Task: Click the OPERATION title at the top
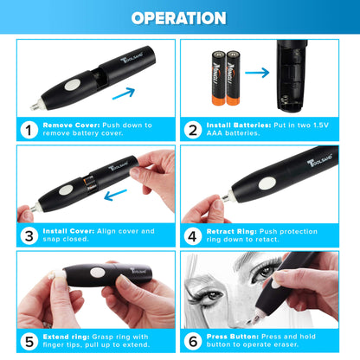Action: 180,18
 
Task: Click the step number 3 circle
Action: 29,235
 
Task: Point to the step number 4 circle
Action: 193,235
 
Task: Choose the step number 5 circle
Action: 29,340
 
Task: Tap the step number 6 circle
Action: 193,340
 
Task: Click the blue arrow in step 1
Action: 124,92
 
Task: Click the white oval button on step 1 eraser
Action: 74,85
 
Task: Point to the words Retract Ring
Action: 232,230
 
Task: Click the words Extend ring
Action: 66,337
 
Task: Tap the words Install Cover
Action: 66,230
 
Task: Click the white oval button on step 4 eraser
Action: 268,183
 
